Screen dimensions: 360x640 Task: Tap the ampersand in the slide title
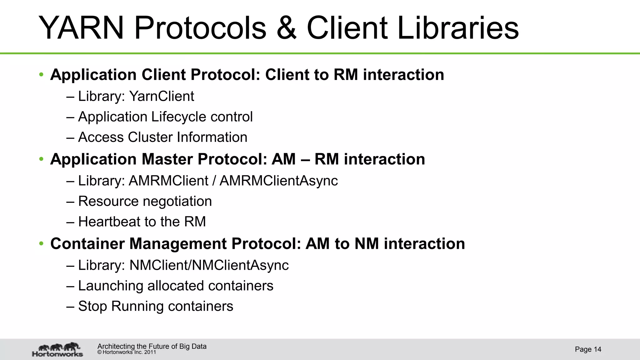[x=287, y=28]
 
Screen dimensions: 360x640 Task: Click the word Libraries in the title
[x=458, y=28]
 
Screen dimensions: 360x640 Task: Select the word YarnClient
[x=162, y=96]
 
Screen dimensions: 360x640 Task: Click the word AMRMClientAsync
[x=278, y=181]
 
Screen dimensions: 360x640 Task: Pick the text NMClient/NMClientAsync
[x=209, y=265]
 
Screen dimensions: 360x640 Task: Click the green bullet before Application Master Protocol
[x=41, y=159]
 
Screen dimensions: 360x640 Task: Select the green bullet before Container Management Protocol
[x=41, y=244]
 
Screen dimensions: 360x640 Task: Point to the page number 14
[x=597, y=349]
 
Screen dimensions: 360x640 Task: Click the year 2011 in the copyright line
[x=150, y=352]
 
